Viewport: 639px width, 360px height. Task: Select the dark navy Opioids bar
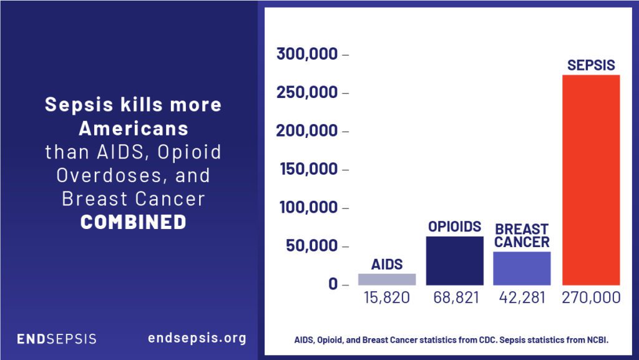coord(454,260)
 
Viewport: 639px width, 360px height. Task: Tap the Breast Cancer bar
coord(522,268)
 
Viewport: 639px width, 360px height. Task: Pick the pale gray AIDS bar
coord(387,279)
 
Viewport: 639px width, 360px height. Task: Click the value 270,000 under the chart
coord(591,298)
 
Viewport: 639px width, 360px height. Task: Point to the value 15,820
coord(387,298)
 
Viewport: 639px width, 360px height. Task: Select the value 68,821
coord(456,298)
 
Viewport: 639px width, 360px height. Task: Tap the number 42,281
coord(522,298)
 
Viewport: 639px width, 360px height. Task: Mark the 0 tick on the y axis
coord(333,284)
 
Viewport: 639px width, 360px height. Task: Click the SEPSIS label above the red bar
coord(591,65)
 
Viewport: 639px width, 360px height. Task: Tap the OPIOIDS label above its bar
coord(454,226)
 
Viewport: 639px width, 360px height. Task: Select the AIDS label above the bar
coord(387,264)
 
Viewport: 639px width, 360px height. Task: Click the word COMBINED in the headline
coord(133,221)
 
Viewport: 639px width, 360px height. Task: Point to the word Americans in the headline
coord(133,128)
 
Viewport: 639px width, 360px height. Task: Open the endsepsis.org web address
coord(197,338)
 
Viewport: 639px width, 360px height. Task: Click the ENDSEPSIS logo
coord(56,339)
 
